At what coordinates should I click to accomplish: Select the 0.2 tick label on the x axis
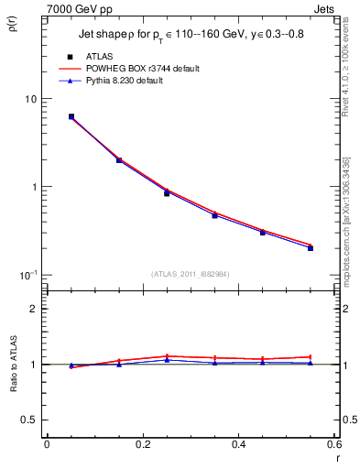tap(142, 445)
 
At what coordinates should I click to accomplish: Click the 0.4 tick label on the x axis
tap(238, 445)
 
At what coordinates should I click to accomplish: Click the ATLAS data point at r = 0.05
tap(71, 117)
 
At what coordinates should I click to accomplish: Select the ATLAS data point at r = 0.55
tap(311, 248)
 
